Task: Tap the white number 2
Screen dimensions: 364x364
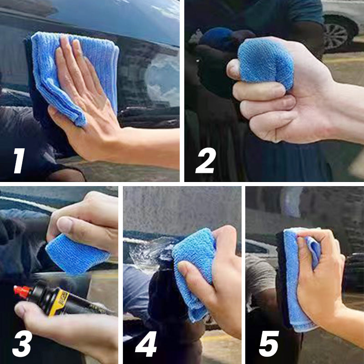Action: [206, 162]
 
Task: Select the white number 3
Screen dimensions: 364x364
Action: [22, 344]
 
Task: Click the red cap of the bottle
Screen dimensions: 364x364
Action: [21, 290]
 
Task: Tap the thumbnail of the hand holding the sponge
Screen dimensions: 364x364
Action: [66, 224]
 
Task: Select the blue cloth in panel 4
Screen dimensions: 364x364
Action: [193, 268]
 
